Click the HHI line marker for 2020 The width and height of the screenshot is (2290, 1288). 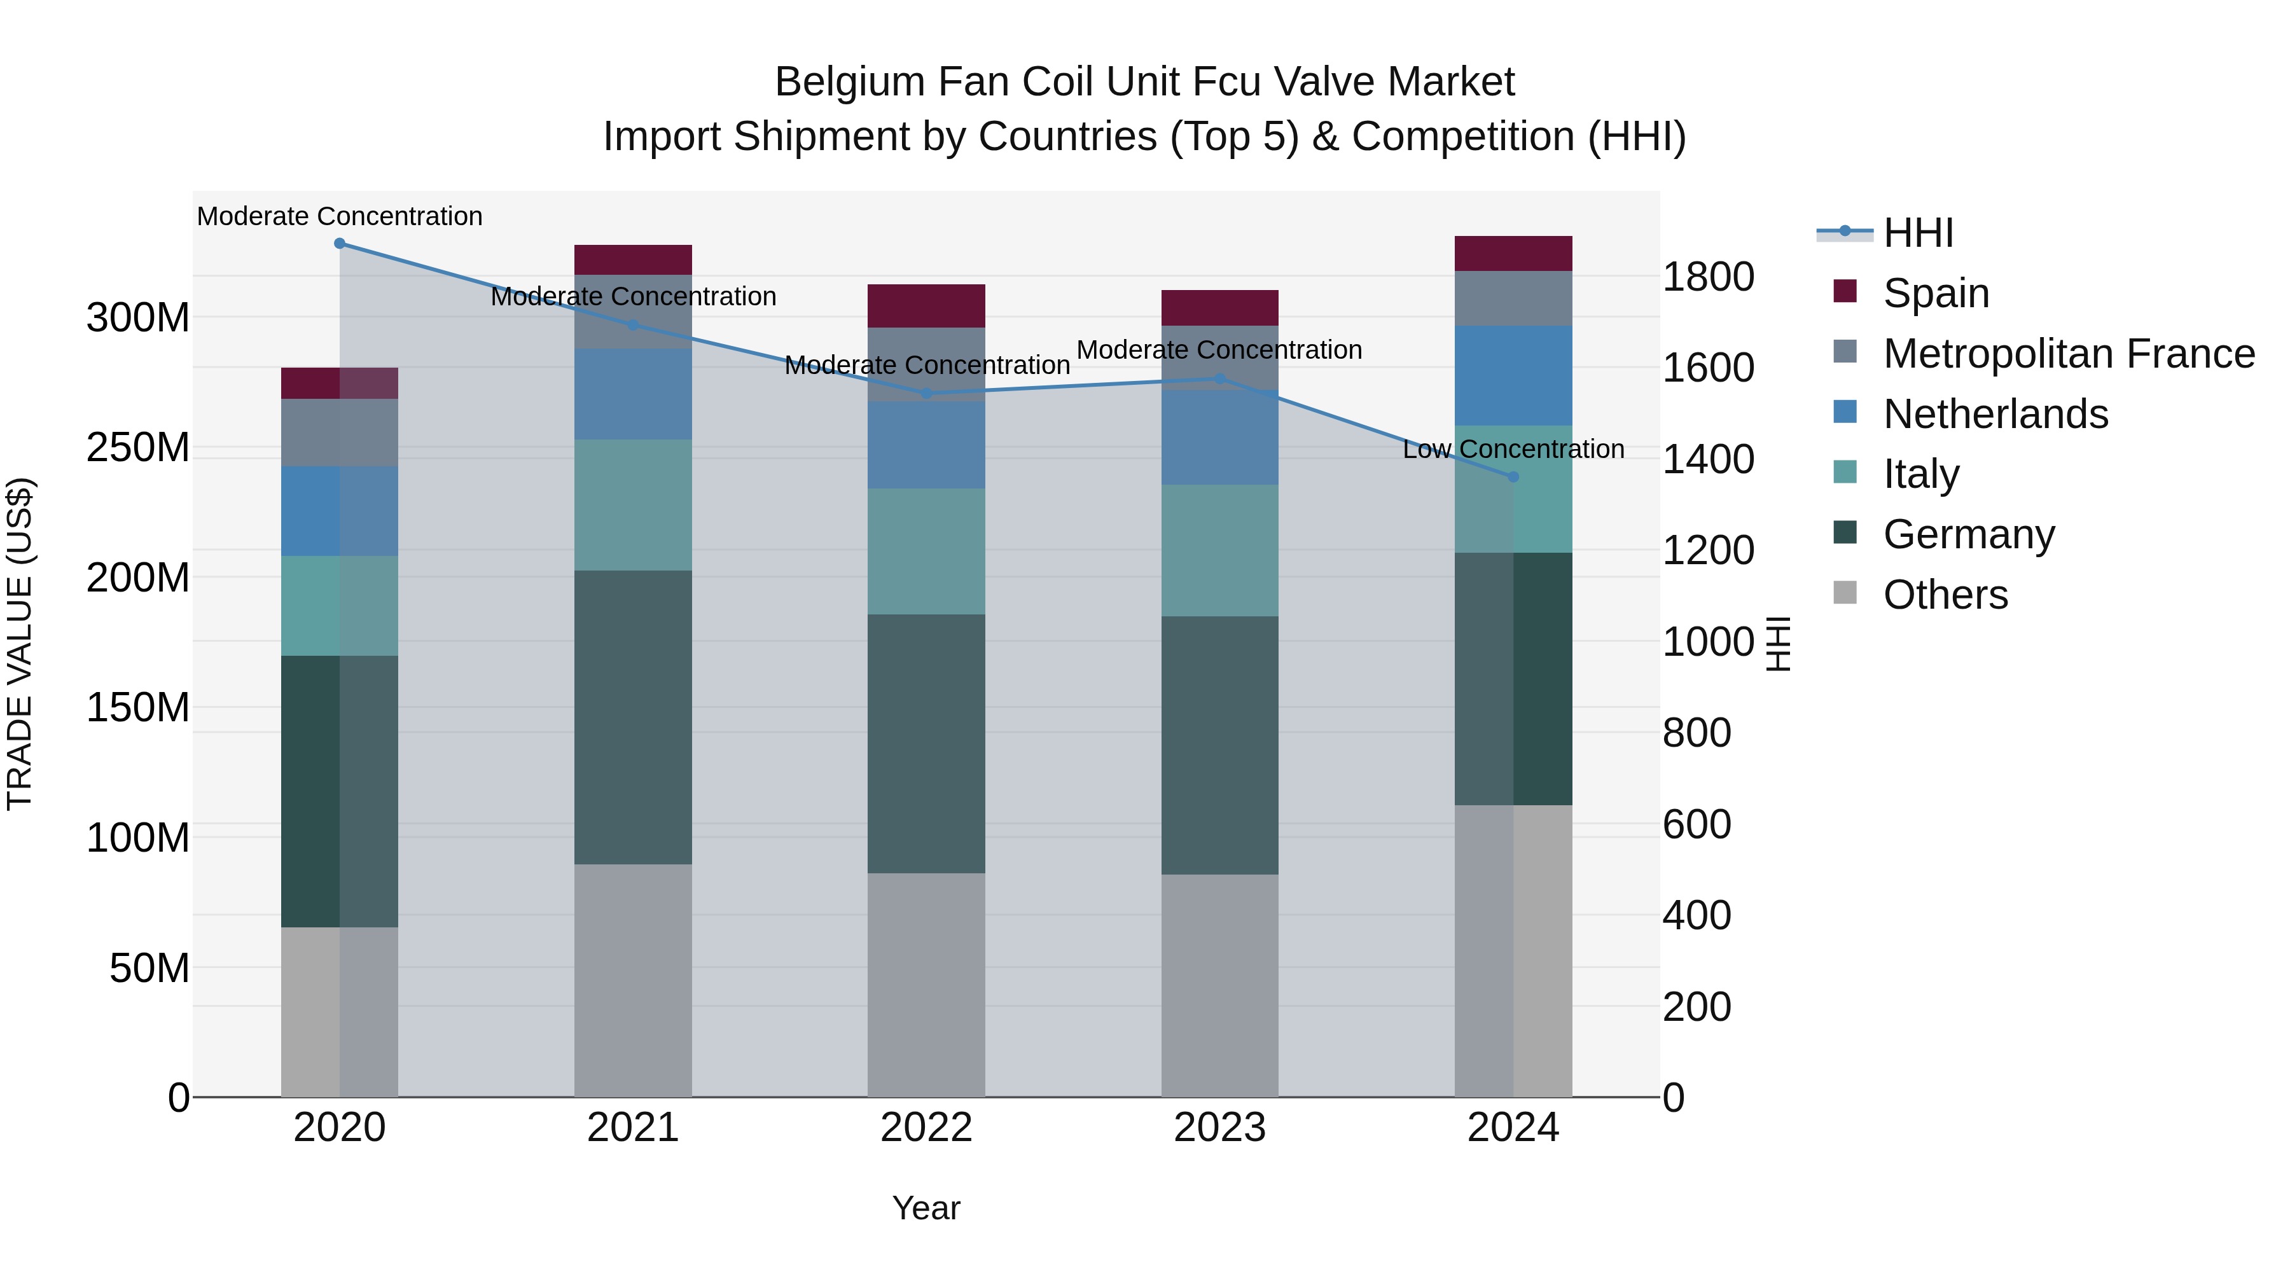(x=340, y=244)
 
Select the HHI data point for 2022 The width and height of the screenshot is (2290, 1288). (x=926, y=393)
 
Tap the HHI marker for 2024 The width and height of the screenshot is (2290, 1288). (x=1513, y=476)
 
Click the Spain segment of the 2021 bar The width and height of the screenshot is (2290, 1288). (x=633, y=260)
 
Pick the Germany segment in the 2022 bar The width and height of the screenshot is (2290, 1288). (x=926, y=743)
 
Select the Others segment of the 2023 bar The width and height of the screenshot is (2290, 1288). (x=1219, y=985)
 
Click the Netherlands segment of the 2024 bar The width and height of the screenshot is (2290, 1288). (x=1513, y=375)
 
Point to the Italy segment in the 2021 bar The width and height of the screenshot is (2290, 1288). (x=633, y=505)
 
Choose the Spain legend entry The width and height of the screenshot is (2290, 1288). (x=1934, y=293)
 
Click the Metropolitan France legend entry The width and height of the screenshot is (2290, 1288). (x=2068, y=354)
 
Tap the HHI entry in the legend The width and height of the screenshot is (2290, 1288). (x=1917, y=233)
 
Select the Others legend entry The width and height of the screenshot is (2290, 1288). (x=1944, y=595)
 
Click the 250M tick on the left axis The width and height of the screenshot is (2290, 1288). (x=138, y=447)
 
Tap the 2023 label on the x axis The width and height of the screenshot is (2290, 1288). (x=1219, y=1128)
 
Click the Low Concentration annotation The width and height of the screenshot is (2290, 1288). (x=1513, y=450)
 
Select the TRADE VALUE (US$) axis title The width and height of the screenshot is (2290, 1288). (x=20, y=644)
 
